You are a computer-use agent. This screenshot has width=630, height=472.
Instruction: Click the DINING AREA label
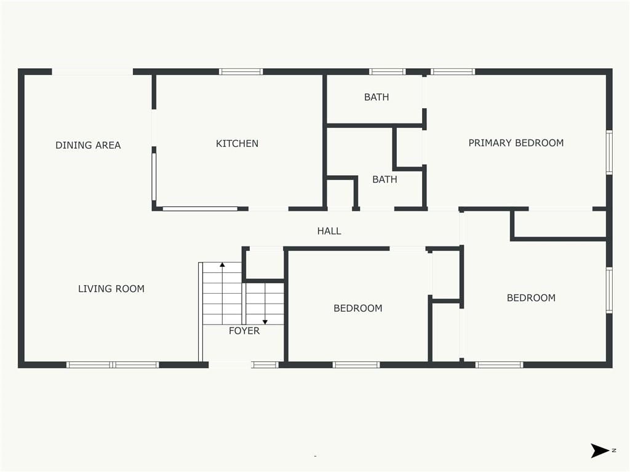[x=88, y=145]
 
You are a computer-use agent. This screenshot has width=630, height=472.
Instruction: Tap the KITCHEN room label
[x=237, y=144]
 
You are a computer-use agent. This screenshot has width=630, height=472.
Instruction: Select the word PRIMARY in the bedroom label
[x=490, y=143]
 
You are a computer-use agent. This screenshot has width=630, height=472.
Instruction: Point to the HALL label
[x=329, y=231]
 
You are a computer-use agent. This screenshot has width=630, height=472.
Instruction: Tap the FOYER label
[x=244, y=331]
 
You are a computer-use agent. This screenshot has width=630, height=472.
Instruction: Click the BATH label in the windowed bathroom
[x=377, y=97]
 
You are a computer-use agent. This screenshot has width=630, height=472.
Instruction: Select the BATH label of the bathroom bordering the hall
[x=385, y=179]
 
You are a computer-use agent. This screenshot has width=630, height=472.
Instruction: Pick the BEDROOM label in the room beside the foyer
[x=358, y=309]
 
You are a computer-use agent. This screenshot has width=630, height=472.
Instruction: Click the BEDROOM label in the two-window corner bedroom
[x=531, y=298]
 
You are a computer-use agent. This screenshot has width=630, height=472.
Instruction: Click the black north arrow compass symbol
[x=599, y=450]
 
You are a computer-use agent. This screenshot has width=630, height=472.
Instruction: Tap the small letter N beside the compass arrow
[x=614, y=450]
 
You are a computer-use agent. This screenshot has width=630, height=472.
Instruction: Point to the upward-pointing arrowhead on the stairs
[x=222, y=264]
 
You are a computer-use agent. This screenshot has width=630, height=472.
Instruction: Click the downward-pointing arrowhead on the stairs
[x=265, y=322]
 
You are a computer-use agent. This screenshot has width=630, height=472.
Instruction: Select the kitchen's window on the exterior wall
[x=241, y=72]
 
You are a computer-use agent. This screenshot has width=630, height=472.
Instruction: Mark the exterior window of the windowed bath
[x=388, y=72]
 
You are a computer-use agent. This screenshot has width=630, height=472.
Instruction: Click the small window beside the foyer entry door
[x=265, y=365]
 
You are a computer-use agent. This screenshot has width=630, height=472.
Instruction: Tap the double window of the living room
[x=113, y=365]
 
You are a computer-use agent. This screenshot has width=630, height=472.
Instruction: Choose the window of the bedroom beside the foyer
[x=356, y=365]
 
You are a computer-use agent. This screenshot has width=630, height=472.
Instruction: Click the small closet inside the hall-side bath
[x=341, y=194]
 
